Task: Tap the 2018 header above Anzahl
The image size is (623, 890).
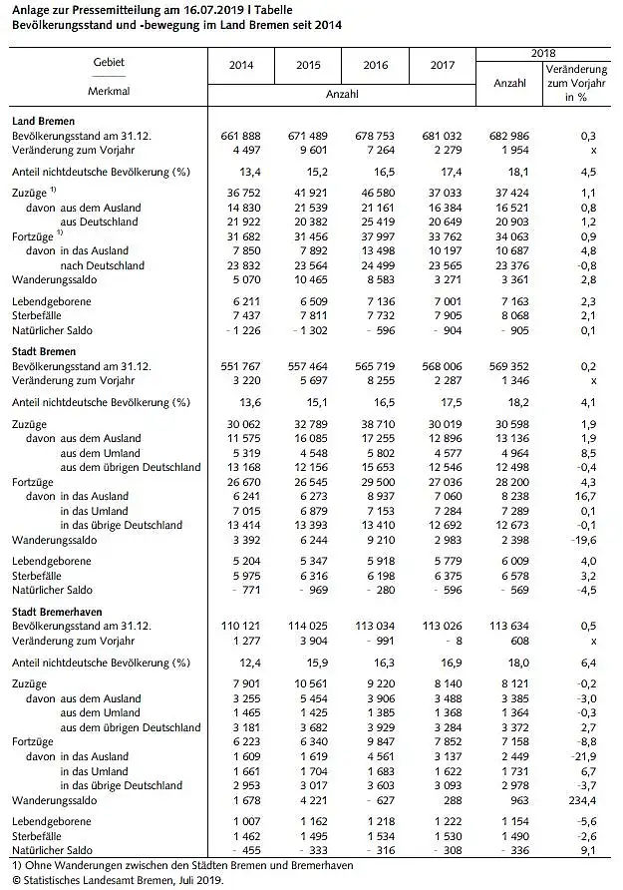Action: [542, 52]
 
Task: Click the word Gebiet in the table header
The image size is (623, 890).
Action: [110, 62]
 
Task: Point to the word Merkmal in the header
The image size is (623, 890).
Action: [110, 91]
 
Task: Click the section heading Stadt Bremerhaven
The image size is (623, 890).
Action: [58, 610]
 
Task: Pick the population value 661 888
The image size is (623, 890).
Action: [241, 135]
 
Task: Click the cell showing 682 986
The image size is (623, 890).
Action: [508, 135]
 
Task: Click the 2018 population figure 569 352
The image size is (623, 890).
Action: [508, 366]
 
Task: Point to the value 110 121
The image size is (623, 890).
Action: [241, 625]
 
